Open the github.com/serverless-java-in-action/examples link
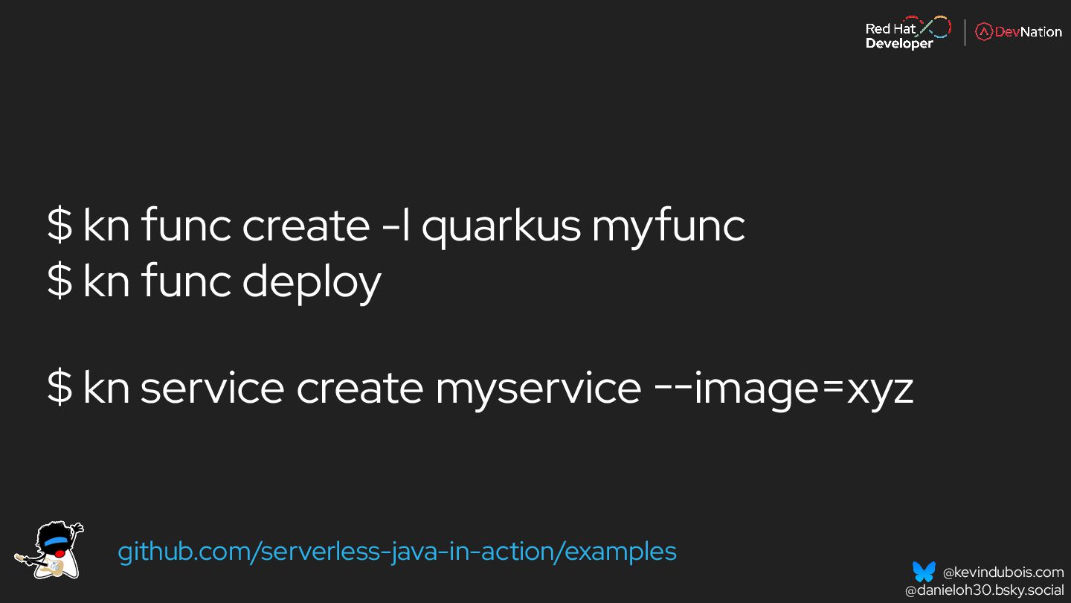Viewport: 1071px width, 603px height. [397, 552]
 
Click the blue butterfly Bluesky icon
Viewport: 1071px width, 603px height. [924, 572]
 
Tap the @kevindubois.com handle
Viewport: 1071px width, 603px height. [1003, 572]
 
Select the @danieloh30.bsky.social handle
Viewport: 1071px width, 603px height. [984, 590]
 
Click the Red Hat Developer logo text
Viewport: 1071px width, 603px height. [898, 36]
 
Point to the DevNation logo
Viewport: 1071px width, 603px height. [1018, 32]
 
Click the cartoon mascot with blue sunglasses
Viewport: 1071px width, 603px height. [50, 550]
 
